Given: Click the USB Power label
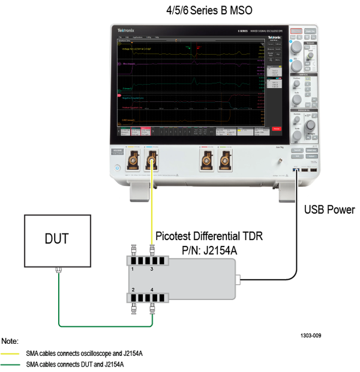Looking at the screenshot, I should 329,210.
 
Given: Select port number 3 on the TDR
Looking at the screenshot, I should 151,270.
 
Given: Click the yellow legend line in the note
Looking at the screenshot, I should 12,353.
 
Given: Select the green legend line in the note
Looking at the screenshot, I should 12,364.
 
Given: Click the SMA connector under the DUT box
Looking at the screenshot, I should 58,269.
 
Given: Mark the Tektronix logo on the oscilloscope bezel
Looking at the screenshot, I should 126,29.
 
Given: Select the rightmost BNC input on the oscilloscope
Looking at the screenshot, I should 225,160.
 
